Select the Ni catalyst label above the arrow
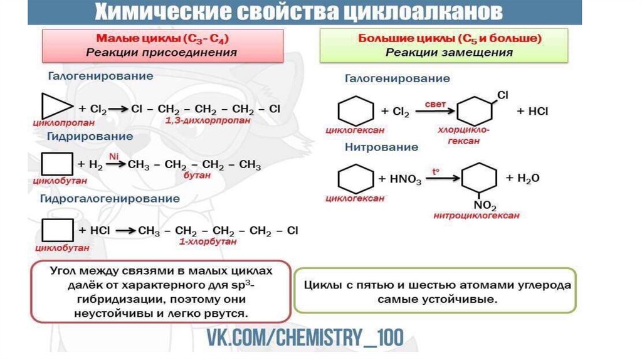click(x=113, y=156)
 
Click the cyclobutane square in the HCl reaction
click(x=55, y=231)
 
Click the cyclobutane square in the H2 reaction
click(x=55, y=165)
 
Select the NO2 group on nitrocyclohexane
click(x=484, y=206)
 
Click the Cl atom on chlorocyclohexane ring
click(x=502, y=95)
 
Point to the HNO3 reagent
click(x=405, y=179)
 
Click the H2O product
click(x=527, y=178)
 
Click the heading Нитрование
click(x=381, y=147)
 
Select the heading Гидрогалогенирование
click(x=110, y=199)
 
